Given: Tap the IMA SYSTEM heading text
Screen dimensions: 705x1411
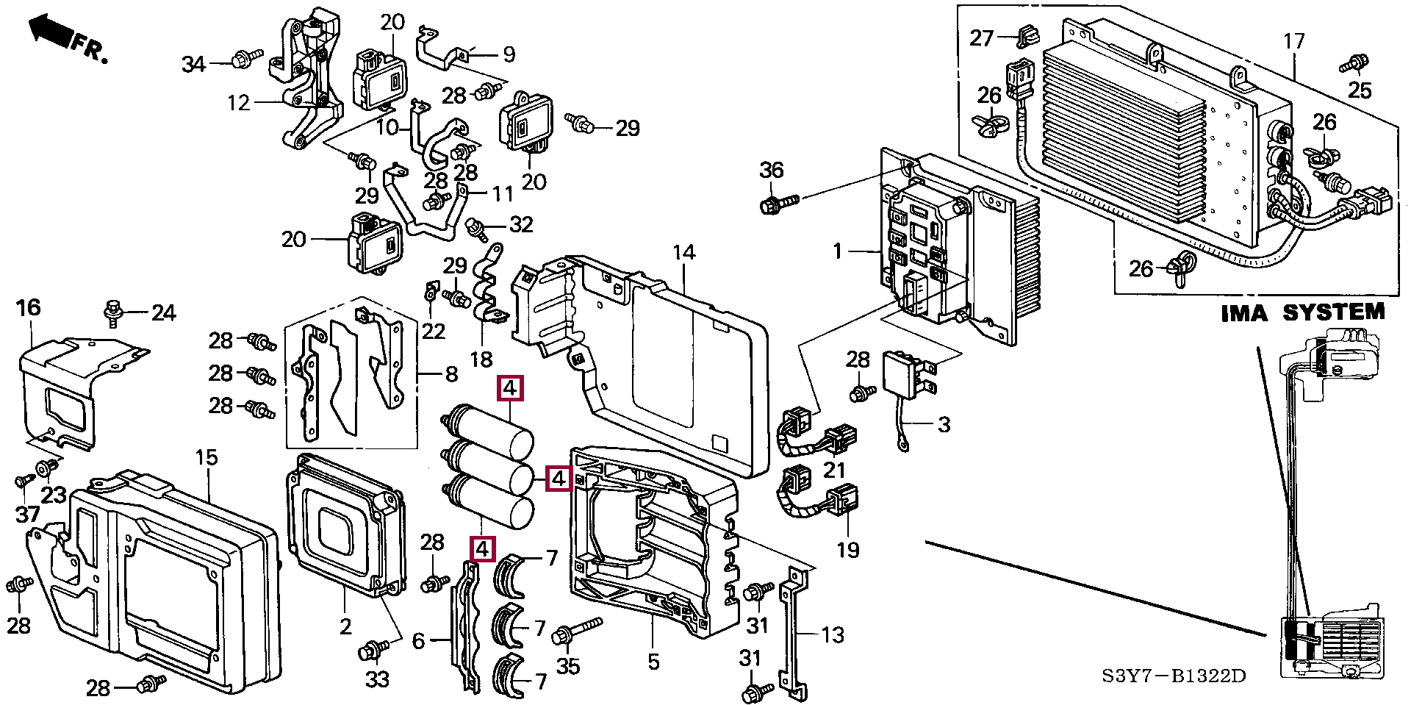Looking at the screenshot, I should (1302, 313).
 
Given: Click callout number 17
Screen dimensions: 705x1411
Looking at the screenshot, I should (1293, 41).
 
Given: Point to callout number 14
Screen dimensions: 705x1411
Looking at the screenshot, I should (683, 253).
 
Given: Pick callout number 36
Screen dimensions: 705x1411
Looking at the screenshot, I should (771, 171).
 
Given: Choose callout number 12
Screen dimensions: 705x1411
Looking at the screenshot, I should (239, 103).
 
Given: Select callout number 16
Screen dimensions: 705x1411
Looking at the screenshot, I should (29, 307).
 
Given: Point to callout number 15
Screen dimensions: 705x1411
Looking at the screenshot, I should (207, 458).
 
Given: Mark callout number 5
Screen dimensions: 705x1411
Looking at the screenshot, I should (653, 662).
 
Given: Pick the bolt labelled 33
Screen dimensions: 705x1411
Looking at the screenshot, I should (372, 651).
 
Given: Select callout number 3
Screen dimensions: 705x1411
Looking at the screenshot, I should (944, 424).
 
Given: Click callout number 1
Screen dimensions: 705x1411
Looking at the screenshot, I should (837, 251).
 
